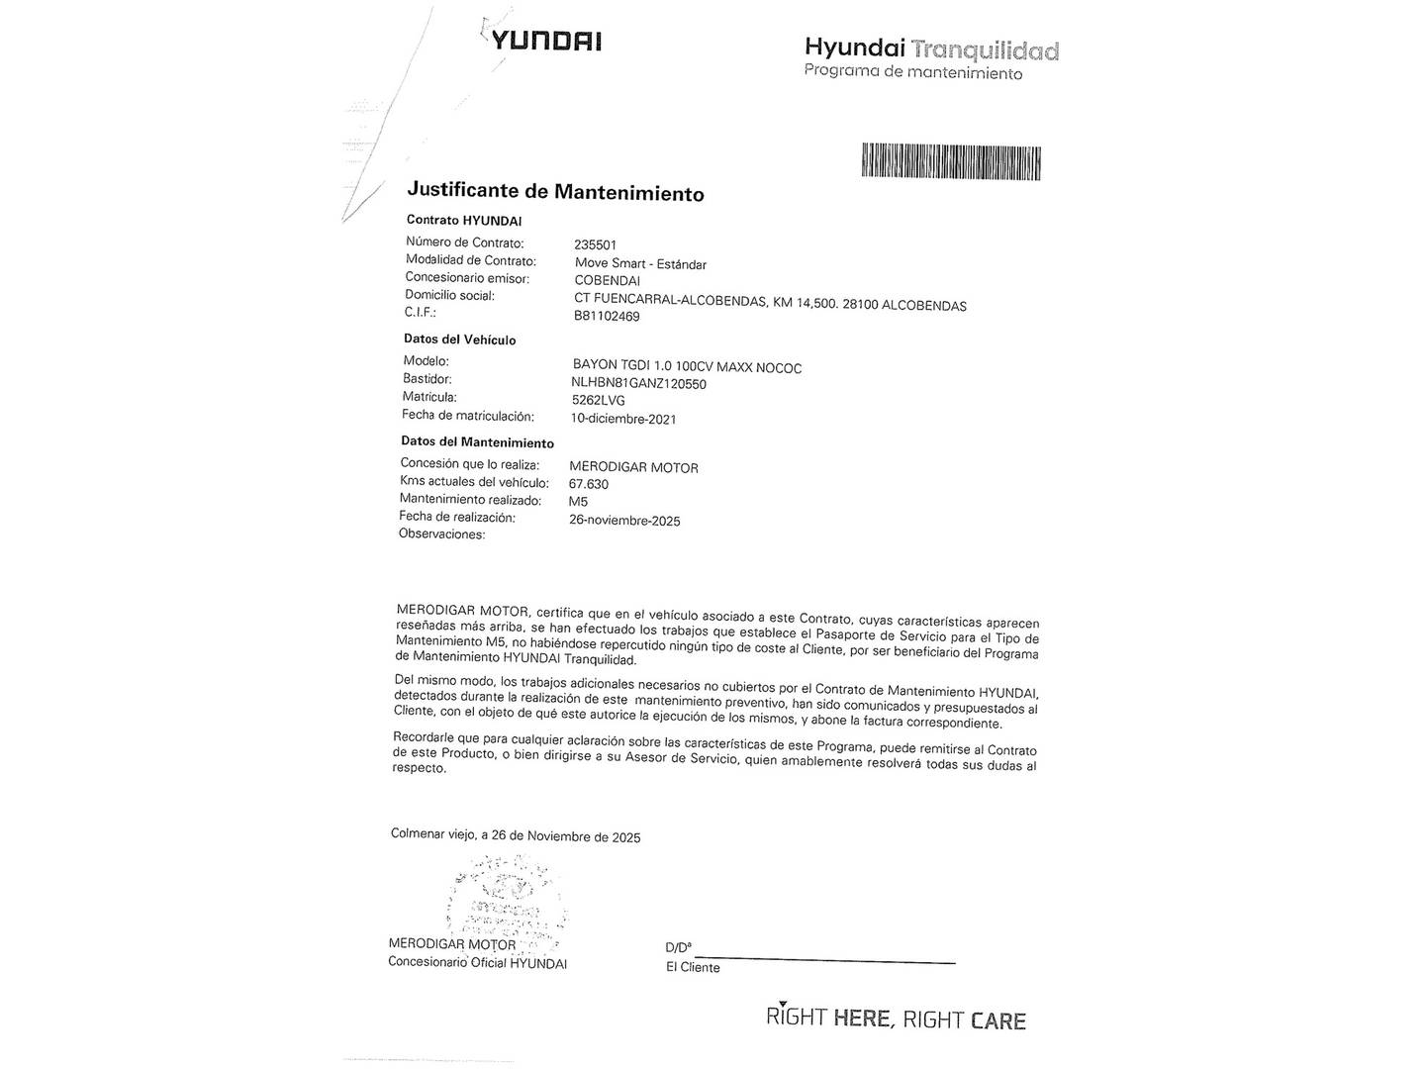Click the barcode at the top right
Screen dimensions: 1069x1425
tap(951, 161)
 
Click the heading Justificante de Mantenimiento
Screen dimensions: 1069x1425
tap(555, 191)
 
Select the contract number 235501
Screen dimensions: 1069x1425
tap(595, 244)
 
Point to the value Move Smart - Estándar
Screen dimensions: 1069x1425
tap(640, 263)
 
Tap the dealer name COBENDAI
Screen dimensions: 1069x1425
tap(607, 281)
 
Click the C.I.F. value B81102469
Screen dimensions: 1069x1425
tap(607, 317)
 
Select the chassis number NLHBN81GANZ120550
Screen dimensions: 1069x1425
tap(638, 384)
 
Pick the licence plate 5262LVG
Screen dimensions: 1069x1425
tap(598, 401)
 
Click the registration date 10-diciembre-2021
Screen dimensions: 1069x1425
tap(623, 419)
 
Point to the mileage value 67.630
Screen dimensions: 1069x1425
tap(589, 484)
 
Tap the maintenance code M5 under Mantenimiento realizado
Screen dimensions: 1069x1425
tap(578, 502)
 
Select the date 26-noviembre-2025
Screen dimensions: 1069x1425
tap(624, 521)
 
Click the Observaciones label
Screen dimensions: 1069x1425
tap(441, 534)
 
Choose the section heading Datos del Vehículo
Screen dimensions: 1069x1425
tap(459, 340)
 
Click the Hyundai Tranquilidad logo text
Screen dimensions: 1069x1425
tap(930, 49)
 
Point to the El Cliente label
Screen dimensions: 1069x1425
tap(693, 968)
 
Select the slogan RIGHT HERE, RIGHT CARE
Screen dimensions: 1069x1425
tap(896, 1019)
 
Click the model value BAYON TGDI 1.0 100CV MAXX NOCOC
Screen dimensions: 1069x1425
tap(687, 367)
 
